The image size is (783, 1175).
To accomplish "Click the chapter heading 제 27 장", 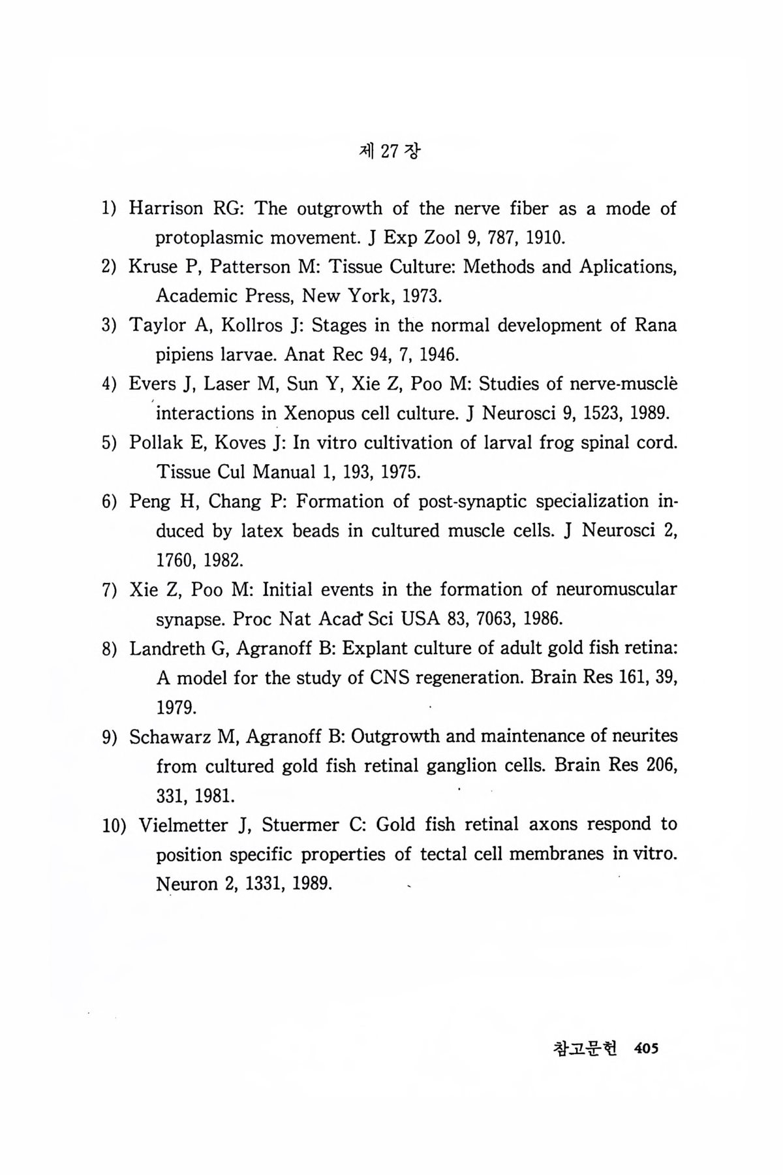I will pos(390,151).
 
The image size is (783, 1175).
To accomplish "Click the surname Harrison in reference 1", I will pos(166,209).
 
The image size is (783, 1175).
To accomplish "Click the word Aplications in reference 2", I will pos(626,267).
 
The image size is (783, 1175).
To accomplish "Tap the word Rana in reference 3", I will pos(655,325).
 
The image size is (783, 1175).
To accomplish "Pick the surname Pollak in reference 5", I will pos(157,443).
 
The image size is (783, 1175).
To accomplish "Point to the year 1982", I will pos(223,560).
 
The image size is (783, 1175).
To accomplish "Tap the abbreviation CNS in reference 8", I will pos(390,678).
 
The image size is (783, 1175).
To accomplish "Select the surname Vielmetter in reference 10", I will pos(183,825).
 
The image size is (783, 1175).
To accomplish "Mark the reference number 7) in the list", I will pos(110,590).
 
